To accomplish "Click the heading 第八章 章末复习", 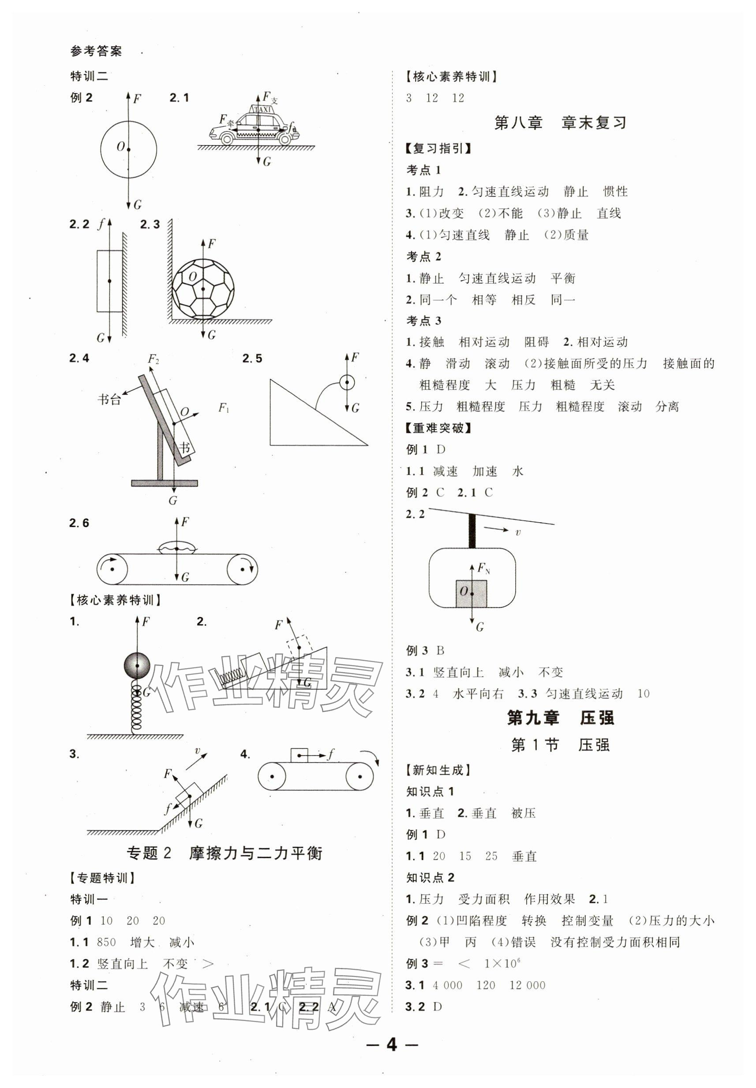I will coord(560,123).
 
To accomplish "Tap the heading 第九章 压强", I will coord(560,718).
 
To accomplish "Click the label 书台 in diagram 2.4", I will coord(109,399).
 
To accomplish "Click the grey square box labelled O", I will coord(472,593).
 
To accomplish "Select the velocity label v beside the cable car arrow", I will coord(518,532).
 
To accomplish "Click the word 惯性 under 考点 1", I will coord(615,192).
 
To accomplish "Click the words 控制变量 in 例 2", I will coord(588,921).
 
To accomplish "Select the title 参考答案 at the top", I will coord(96,51).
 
